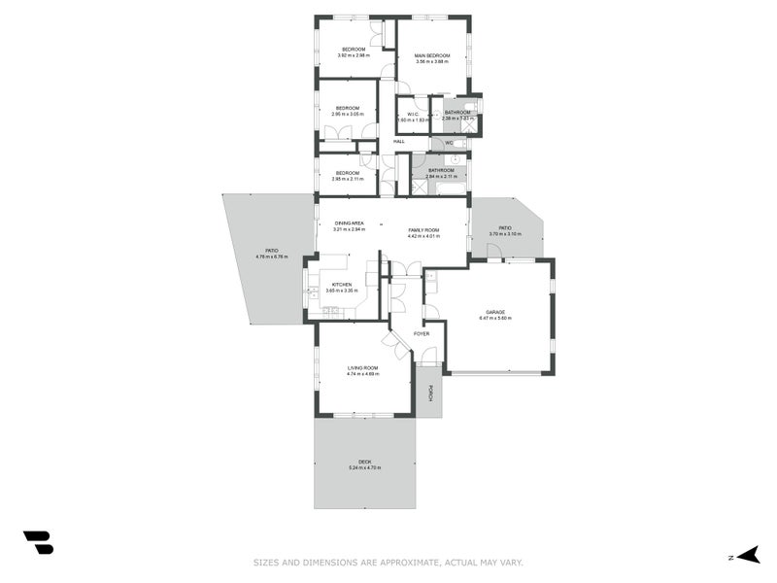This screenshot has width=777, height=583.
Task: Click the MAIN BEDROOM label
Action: coord(432,55)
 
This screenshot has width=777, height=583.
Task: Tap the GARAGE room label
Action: coord(492,312)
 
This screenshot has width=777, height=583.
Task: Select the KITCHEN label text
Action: coord(339,285)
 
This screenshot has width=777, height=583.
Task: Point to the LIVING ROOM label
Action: coord(363,367)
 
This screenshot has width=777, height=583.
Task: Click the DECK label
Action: coord(364,462)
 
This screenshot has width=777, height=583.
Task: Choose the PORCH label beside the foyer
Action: coord(429,394)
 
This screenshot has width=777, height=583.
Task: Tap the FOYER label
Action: coord(422,333)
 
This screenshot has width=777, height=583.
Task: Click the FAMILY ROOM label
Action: coord(423,230)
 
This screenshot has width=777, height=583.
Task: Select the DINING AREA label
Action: coord(349,223)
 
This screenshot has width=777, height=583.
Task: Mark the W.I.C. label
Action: coord(413,114)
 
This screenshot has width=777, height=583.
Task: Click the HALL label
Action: coord(398,143)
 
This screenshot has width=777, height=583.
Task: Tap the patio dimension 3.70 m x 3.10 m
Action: coord(505,234)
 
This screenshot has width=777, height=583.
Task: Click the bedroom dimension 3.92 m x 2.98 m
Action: coord(354,55)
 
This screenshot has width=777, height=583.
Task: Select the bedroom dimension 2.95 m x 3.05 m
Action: coord(348,114)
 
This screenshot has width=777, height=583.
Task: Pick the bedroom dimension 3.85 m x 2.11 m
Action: coord(348,179)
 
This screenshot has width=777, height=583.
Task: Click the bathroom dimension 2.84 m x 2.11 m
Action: coord(440,177)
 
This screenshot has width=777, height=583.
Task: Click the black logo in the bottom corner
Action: coord(38,542)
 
